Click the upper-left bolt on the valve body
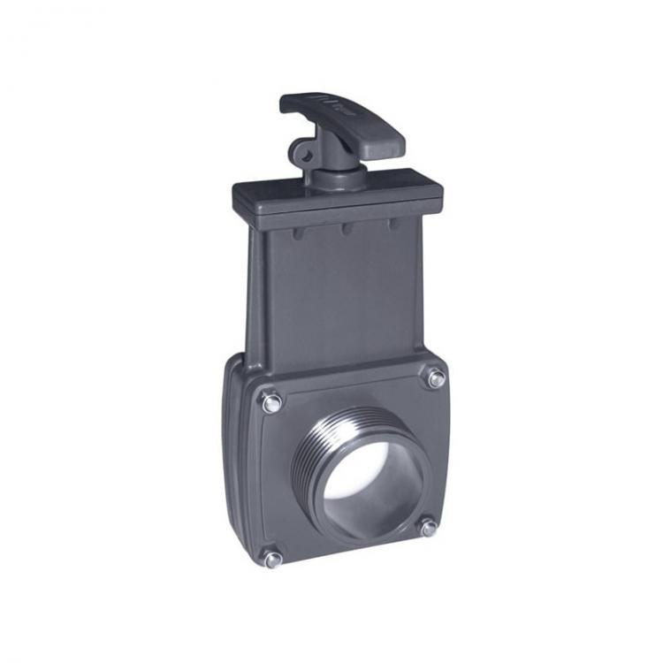(x=271, y=402)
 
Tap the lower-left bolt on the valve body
(x=273, y=558)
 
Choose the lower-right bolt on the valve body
(x=429, y=528)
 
